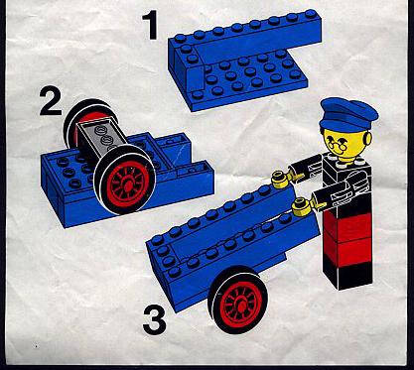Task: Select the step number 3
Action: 155,320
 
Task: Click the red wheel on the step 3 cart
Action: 238,301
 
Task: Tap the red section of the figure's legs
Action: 347,238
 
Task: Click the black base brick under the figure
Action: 347,275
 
